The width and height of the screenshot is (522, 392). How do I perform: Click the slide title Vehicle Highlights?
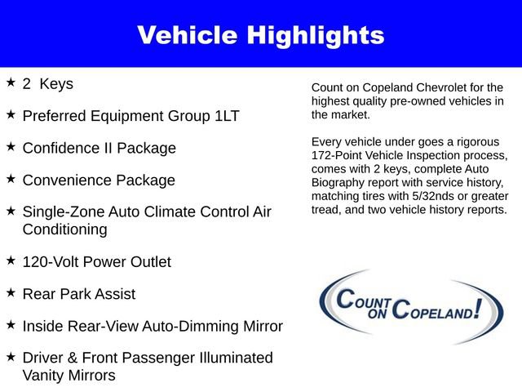[x=260, y=35]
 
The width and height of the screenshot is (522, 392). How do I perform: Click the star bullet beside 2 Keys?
[x=11, y=82]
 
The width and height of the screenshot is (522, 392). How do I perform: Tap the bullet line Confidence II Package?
[x=99, y=148]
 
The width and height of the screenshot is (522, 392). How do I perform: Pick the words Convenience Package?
[x=99, y=180]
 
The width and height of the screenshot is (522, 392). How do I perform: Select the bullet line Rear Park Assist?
[x=79, y=294]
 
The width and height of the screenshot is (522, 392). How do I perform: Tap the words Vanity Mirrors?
[x=69, y=375]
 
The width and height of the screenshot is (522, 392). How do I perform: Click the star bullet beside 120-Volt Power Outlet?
[x=11, y=261]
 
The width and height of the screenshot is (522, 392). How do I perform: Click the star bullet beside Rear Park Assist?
[x=11, y=292]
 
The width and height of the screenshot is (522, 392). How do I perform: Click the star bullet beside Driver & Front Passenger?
[x=11, y=357]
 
